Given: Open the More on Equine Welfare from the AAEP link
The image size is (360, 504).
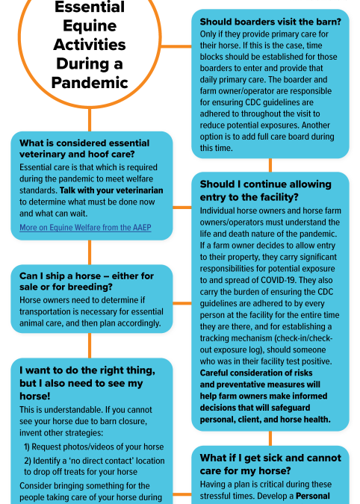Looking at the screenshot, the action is coord(85,226).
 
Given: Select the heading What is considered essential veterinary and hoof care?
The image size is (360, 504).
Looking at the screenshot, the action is coord(84,149).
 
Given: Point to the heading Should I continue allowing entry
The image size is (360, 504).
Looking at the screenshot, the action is coord(264,190).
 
